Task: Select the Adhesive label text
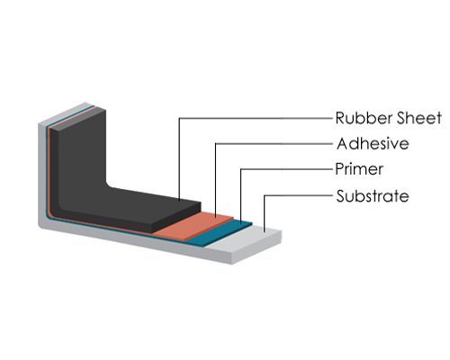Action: coord(373,143)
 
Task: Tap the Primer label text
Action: coord(359,169)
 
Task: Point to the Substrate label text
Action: coord(373,196)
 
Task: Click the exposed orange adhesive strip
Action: coord(194,226)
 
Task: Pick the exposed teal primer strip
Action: coord(219,233)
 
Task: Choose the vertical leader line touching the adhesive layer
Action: coord(215,180)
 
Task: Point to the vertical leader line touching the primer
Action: coord(241,196)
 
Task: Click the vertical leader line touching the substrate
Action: coord(264,213)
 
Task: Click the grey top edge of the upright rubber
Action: coord(78,119)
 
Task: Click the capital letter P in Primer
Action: coord(339,169)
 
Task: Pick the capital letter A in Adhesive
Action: coord(342,143)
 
